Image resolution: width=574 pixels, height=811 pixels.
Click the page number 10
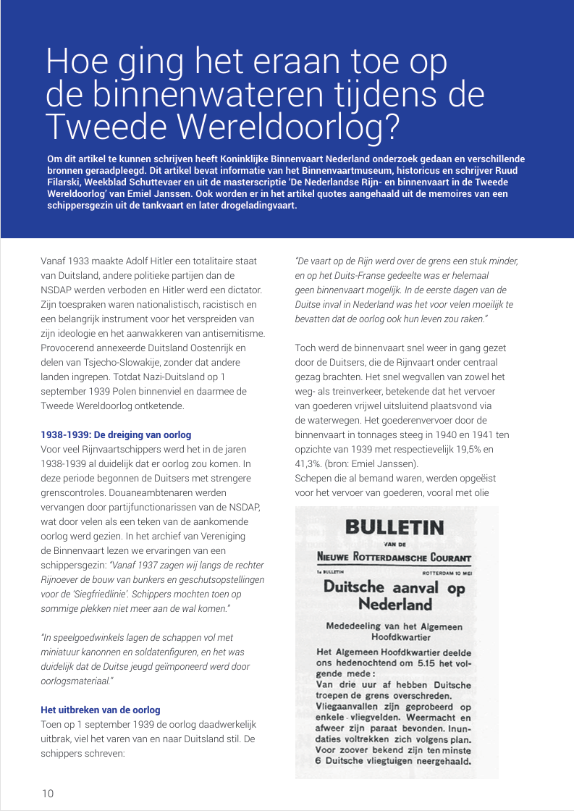point(47,793)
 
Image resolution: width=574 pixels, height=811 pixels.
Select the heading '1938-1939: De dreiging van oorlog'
point(116,434)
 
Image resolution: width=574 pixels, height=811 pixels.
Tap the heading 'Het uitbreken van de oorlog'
point(101,710)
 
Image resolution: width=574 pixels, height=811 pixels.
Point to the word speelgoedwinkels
point(87,637)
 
